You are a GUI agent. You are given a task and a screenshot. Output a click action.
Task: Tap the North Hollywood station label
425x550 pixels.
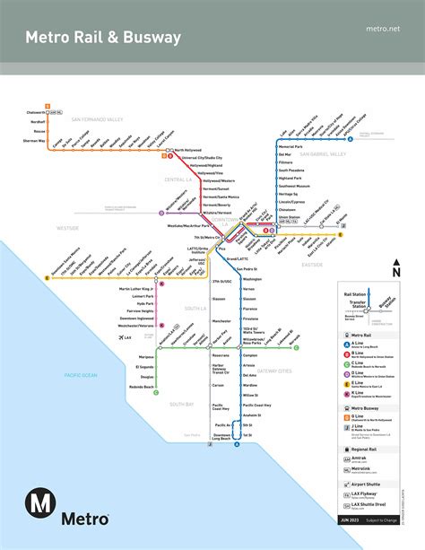191,150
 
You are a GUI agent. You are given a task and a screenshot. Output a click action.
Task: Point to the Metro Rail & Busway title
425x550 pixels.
103,38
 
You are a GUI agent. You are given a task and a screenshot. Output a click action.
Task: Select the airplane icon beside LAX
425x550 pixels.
121,337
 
